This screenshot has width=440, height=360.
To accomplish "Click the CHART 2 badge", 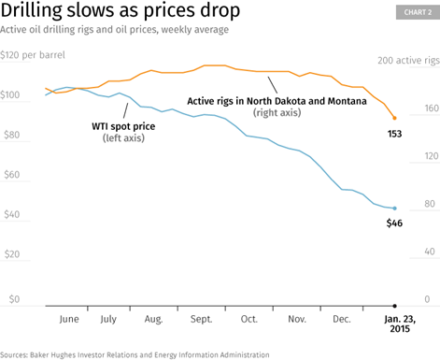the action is coord(418,12).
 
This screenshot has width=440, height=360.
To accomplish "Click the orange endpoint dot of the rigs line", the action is coord(394,118).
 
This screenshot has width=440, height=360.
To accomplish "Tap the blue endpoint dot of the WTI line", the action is coord(394,209).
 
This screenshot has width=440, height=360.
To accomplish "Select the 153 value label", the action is coord(394,134).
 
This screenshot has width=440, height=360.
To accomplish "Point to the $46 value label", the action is coord(394,223).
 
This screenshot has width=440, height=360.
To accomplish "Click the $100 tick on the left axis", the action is coord(10,94).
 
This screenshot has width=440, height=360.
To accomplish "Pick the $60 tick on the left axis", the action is coord(12,175).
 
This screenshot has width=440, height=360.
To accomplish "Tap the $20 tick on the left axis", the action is coord(12,254).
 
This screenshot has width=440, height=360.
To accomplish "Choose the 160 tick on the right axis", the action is coord(432,108).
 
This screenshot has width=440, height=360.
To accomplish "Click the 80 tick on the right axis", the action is coord(430,204).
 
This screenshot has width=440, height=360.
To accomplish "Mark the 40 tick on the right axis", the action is coord(430,252).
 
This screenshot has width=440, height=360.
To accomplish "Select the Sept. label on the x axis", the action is coord(201,320).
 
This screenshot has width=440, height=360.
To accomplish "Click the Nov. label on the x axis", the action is coord(297,319).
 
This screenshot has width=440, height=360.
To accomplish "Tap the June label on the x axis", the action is coord(69,320).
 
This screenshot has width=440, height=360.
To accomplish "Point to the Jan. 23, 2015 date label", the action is coord(400,324).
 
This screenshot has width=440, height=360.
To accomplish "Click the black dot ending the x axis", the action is coord(394,306).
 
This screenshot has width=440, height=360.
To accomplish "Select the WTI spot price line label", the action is coord(123,126).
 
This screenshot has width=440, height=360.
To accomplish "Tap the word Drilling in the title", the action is coord(31,10).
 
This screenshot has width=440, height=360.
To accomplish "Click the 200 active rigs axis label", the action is coord(408,61).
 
